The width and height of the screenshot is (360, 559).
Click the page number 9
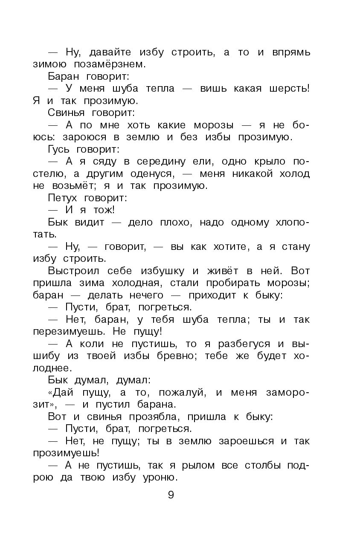[x=171, y=495]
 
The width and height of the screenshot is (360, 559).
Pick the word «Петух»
[x=63, y=198]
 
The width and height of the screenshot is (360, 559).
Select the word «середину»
[x=161, y=162]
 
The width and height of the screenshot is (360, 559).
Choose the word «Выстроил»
[x=74, y=271]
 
